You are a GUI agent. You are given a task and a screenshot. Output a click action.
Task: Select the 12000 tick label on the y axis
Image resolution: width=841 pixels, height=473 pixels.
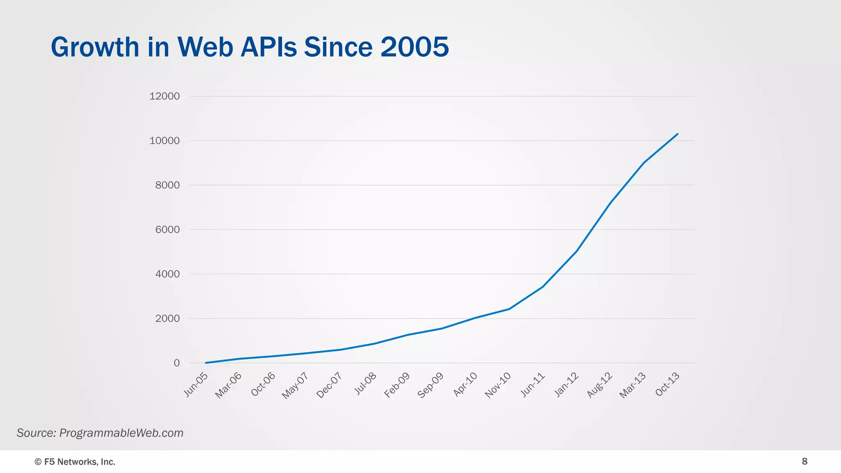click(164, 96)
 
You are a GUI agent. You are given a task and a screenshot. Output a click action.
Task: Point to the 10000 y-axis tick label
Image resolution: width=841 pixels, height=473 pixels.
click(164, 140)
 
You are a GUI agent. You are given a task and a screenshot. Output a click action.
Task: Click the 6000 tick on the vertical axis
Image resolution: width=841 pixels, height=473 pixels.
click(167, 230)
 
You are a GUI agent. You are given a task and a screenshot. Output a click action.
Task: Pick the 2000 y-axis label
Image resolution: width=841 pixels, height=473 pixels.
click(167, 318)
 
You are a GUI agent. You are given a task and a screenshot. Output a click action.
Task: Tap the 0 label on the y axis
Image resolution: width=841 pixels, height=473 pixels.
click(177, 363)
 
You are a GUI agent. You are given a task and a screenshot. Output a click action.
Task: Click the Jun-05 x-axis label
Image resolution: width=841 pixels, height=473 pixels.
click(196, 385)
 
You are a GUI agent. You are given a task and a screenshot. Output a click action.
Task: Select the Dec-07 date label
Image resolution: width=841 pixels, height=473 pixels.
click(329, 385)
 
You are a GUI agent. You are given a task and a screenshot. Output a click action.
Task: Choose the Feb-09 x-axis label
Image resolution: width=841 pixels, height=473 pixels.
click(397, 385)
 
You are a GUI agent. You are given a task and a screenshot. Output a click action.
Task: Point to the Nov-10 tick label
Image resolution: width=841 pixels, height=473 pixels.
click(498, 385)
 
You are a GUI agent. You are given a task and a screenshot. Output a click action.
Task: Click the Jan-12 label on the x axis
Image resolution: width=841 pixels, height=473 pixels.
click(566, 385)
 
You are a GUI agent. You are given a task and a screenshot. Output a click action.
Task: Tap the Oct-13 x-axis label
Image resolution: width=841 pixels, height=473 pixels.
click(667, 385)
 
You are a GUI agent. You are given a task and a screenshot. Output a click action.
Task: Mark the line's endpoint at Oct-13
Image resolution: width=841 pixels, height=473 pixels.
click(678, 134)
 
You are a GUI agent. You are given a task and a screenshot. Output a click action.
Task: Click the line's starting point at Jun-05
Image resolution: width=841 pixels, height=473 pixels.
click(205, 363)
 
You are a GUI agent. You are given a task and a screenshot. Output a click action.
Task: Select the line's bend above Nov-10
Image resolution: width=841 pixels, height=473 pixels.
click(509, 309)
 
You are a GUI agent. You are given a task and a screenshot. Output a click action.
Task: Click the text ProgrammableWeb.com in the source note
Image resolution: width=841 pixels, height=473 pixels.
click(121, 433)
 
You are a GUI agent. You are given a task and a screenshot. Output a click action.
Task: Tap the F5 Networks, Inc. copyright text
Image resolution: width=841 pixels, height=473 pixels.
click(75, 462)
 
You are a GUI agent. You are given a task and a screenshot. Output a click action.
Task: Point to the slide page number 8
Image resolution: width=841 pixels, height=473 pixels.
click(804, 461)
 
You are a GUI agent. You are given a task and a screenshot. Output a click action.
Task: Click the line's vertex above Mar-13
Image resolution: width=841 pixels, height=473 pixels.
click(643, 163)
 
